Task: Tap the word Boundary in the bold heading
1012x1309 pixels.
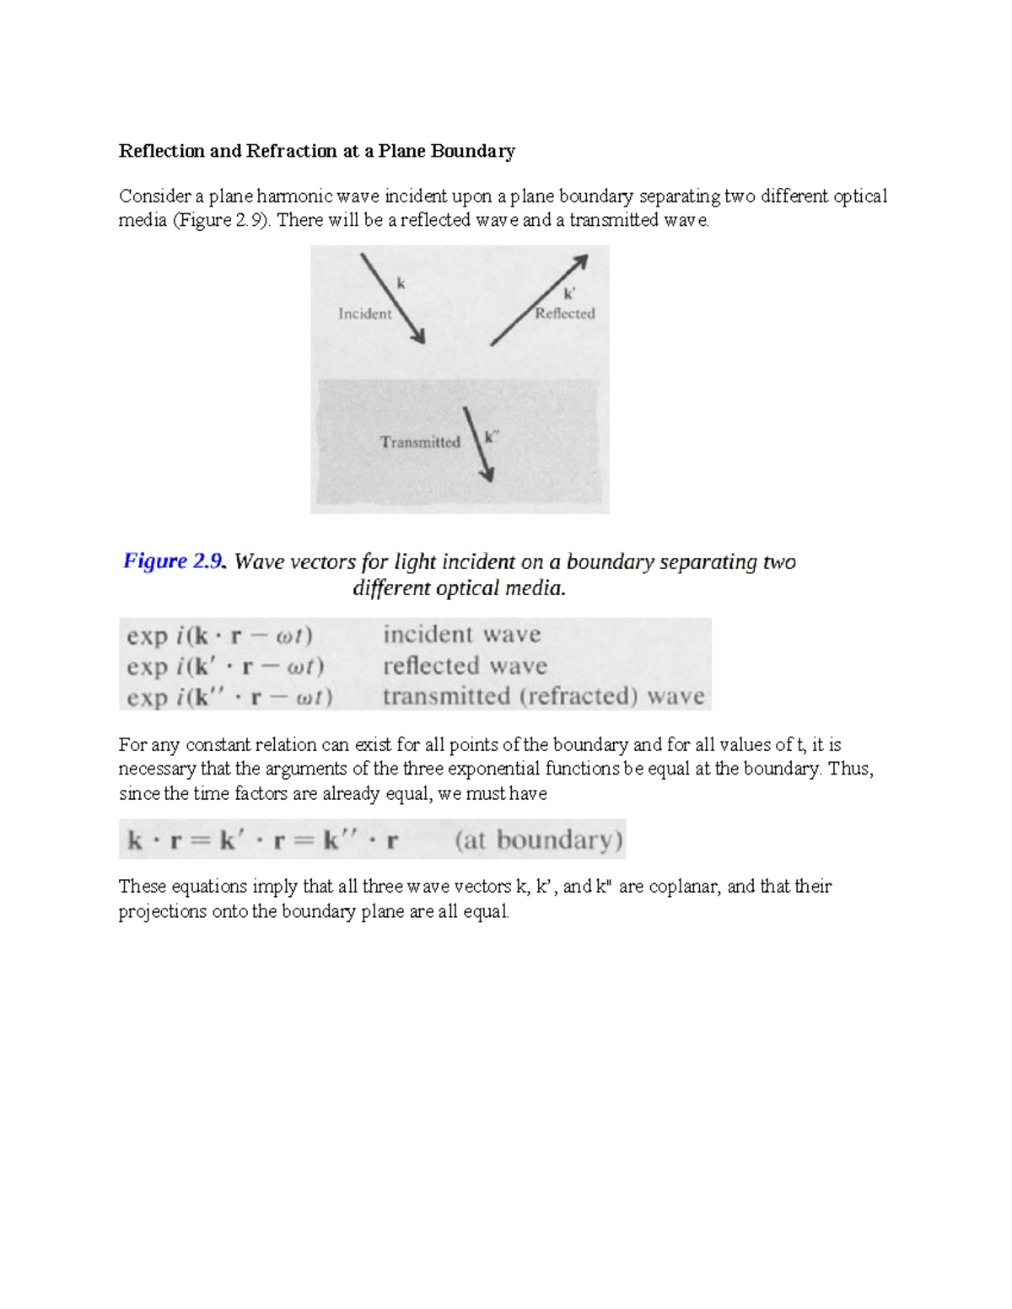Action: [473, 151]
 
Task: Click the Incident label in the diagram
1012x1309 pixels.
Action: [364, 314]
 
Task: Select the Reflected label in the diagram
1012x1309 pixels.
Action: [565, 314]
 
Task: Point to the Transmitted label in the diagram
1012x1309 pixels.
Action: [420, 442]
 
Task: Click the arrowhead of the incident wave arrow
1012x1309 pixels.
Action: [417, 336]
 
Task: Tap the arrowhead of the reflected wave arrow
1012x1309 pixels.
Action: [579, 262]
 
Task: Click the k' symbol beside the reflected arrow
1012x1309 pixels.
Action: [569, 294]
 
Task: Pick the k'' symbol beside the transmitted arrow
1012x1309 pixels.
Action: [491, 437]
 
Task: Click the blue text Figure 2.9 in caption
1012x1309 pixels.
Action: [174, 561]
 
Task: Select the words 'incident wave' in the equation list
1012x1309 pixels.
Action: [461, 634]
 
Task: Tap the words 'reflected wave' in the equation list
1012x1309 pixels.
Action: [465, 666]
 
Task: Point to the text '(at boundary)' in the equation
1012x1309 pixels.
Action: [538, 840]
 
